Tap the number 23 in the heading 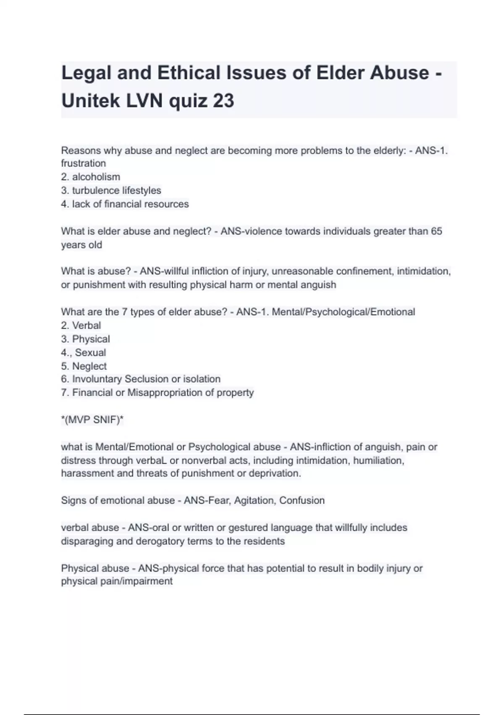(x=223, y=101)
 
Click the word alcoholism (x=96, y=177)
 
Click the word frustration (x=83, y=163)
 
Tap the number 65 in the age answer (x=436, y=231)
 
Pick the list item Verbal (x=87, y=326)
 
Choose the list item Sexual (x=90, y=352)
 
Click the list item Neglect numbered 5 (x=89, y=366)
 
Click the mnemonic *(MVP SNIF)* (x=92, y=420)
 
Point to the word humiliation (x=378, y=461)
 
